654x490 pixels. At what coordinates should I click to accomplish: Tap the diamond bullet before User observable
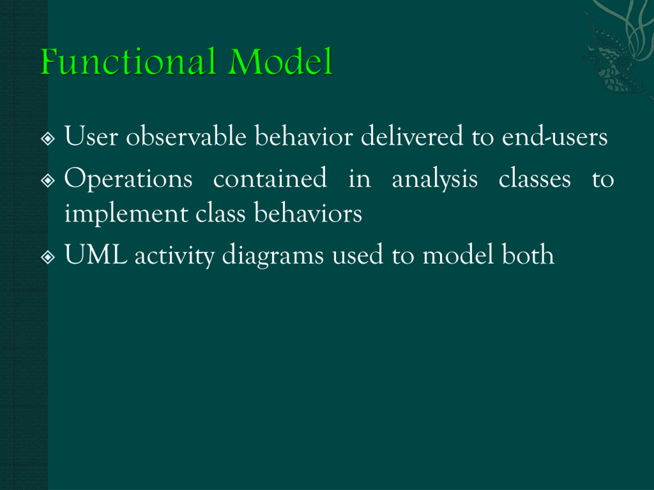click(x=48, y=138)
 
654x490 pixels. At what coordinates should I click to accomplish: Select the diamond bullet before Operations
click(x=48, y=180)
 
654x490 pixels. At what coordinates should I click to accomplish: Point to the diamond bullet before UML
click(x=48, y=257)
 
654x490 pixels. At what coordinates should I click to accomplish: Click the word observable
click(x=186, y=137)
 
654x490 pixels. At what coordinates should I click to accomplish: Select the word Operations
click(x=128, y=179)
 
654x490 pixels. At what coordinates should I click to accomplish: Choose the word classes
click(x=534, y=179)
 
